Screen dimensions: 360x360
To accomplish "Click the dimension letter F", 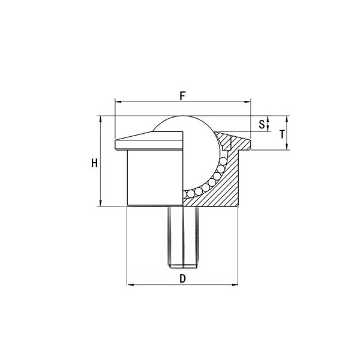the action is pos(182,96).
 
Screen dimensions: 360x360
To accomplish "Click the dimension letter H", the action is pos(94,163).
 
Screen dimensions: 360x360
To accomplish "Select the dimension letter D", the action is pos(182,279).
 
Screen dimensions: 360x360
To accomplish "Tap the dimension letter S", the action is pos(262,124).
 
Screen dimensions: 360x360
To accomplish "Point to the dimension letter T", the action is pos(282,134).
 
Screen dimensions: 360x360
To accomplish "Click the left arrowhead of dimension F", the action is pos(118,102).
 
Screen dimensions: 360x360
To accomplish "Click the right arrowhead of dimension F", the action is pos(247,102).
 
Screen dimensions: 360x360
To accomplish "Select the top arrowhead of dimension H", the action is pos(100,119).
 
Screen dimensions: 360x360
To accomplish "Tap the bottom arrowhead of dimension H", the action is pos(100,203).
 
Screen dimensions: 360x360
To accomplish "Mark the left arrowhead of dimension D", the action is pos(131,285).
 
